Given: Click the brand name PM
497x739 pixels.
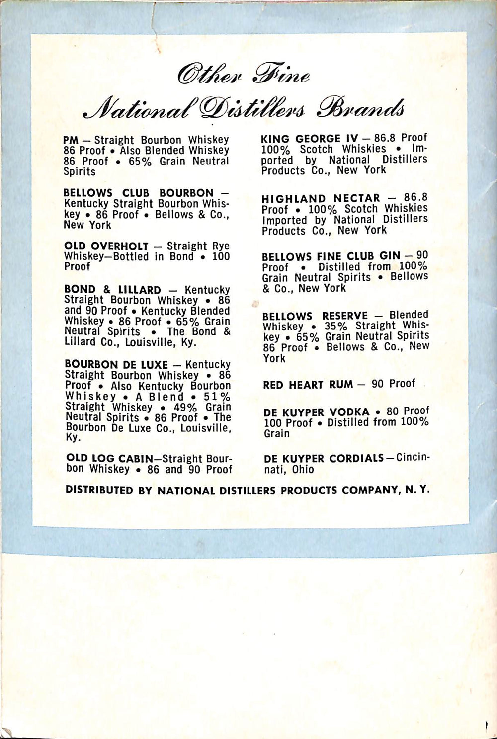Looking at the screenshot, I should [x=71, y=141].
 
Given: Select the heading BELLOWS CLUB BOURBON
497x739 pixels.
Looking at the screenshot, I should [x=138, y=193].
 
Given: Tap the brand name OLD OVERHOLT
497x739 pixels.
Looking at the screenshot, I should [x=106, y=246].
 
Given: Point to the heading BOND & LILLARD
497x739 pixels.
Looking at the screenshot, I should [x=112, y=290].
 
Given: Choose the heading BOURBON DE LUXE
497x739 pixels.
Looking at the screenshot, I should [x=116, y=364].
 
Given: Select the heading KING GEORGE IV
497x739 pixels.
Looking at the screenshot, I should [x=309, y=138].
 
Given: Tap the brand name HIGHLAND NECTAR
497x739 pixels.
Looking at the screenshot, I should [x=321, y=199].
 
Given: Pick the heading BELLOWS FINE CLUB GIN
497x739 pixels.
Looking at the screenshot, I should [x=331, y=256].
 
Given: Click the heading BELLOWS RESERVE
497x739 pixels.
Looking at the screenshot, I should [x=315, y=316].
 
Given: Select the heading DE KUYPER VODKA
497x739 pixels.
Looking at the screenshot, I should [x=317, y=412].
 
